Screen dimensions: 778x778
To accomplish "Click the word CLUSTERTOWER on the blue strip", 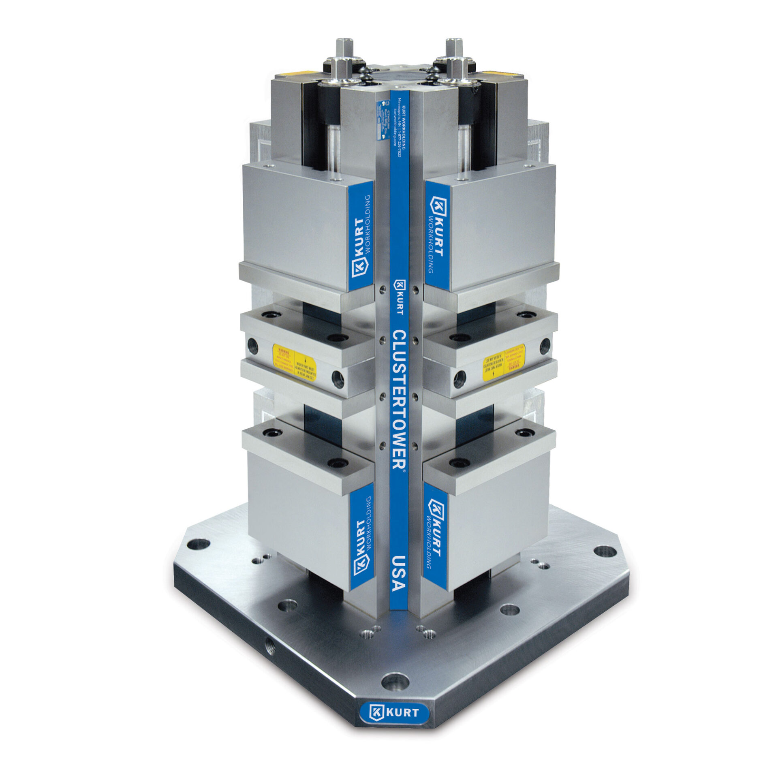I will (399, 399).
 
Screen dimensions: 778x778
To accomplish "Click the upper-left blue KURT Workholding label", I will (361, 236).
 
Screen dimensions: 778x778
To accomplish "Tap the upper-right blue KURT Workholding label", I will (437, 236).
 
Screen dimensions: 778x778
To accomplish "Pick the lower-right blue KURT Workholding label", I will (436, 545).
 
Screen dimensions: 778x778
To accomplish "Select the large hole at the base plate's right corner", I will (604, 551).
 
